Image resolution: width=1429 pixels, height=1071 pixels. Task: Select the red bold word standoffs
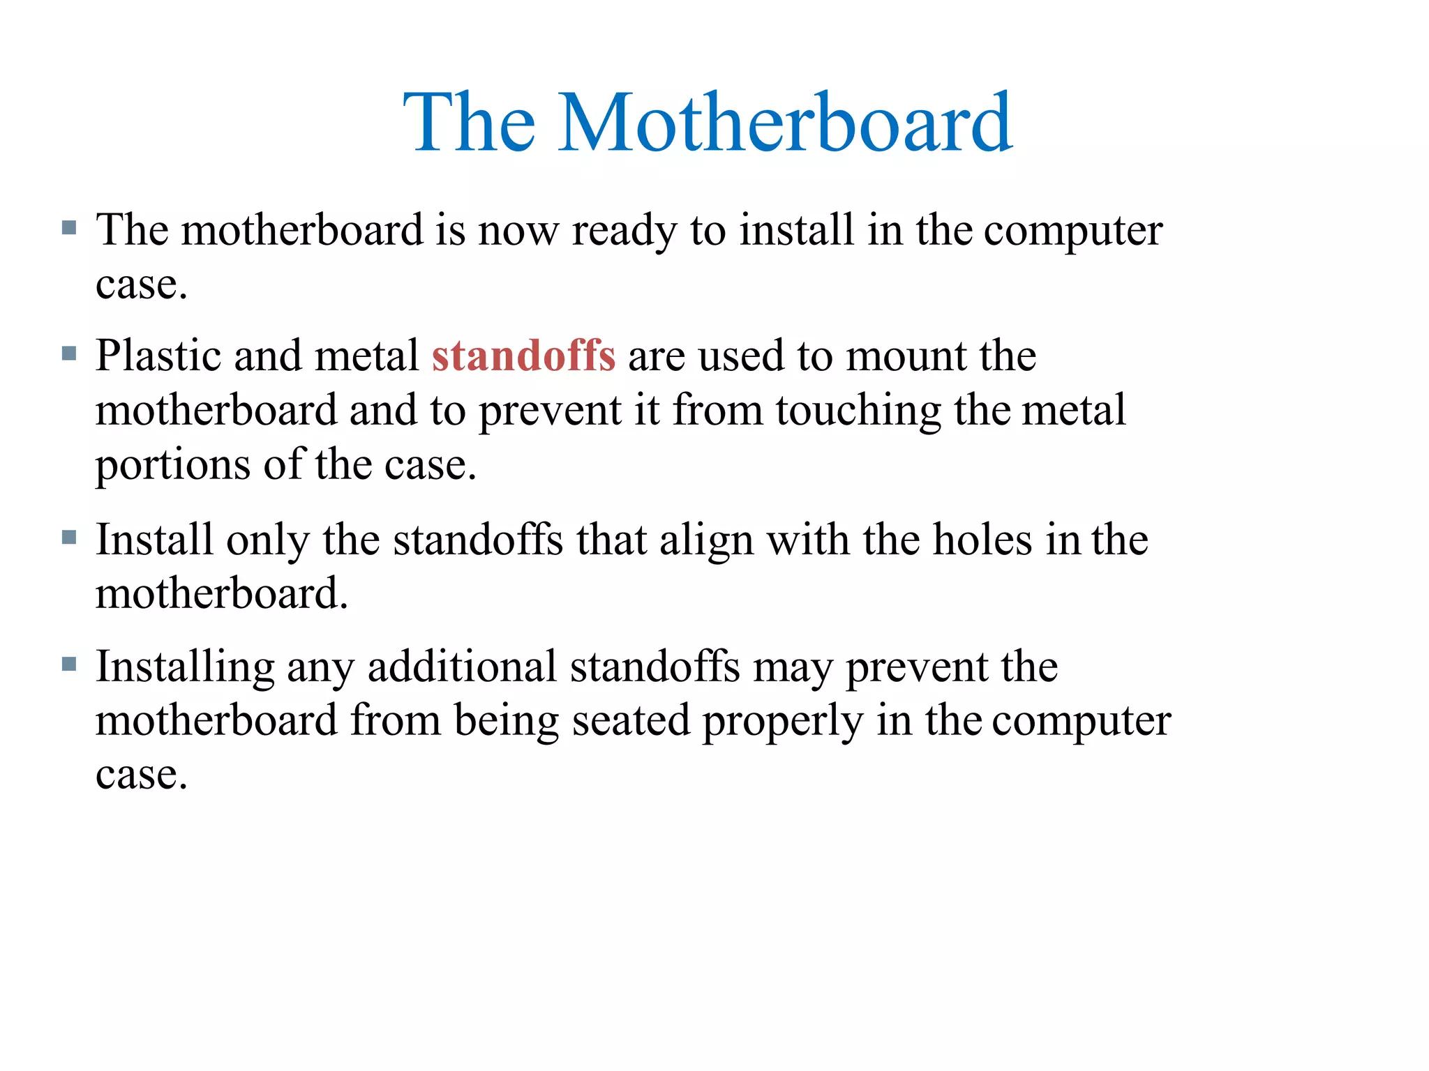(x=523, y=355)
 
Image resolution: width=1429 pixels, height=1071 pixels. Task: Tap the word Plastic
(x=158, y=355)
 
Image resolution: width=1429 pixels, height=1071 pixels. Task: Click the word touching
(x=858, y=411)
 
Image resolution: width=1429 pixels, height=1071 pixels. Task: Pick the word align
(x=706, y=540)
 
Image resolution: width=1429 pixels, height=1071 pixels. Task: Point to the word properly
(x=782, y=722)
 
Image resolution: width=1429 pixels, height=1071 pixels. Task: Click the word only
(x=267, y=540)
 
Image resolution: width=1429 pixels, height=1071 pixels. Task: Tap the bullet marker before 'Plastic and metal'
(x=68, y=353)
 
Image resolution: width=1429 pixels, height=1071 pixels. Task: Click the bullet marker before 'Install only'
(x=68, y=537)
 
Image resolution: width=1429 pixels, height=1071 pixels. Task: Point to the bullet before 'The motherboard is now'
(x=68, y=227)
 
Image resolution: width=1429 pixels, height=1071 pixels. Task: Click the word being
(x=507, y=722)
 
